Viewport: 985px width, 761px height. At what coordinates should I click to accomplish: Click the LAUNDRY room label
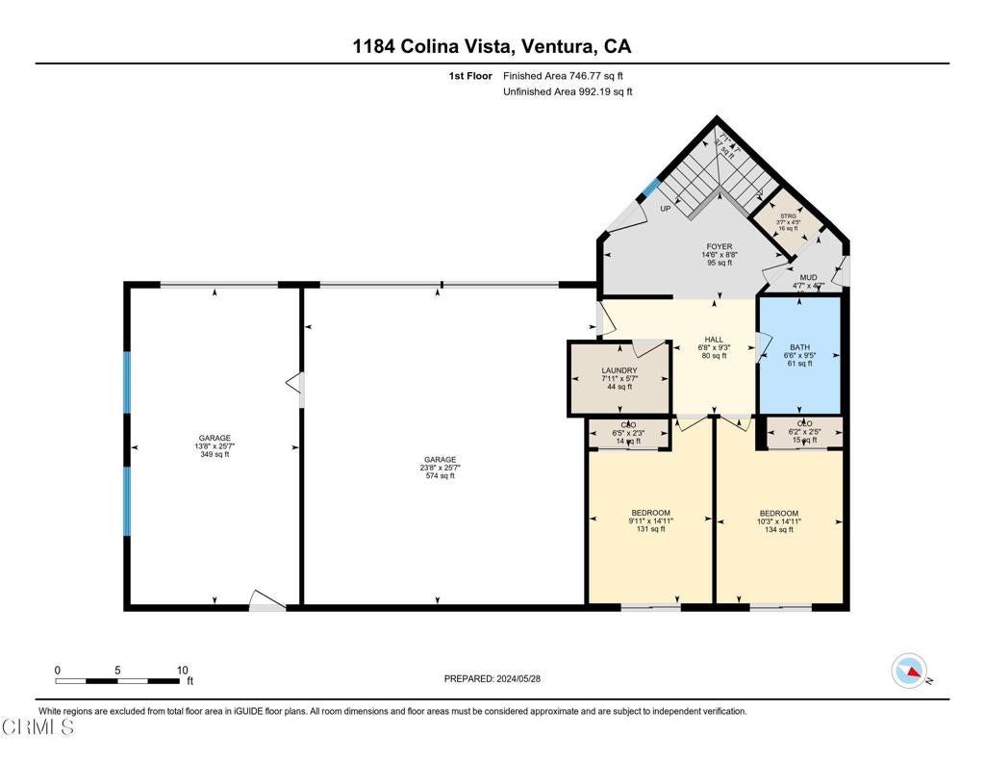619,370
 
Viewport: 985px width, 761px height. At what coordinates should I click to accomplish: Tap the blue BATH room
800,355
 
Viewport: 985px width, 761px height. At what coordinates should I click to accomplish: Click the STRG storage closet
788,222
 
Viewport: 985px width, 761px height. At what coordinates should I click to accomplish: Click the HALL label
713,340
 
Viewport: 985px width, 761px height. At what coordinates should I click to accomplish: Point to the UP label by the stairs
665,209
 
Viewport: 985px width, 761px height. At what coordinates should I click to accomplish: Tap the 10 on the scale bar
183,671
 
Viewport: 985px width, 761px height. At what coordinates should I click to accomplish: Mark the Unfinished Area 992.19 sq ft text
568,92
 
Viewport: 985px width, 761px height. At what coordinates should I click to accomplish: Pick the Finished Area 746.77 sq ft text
568,75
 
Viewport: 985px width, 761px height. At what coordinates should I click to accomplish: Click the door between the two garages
296,385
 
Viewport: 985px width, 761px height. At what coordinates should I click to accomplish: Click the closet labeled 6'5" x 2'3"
629,433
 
